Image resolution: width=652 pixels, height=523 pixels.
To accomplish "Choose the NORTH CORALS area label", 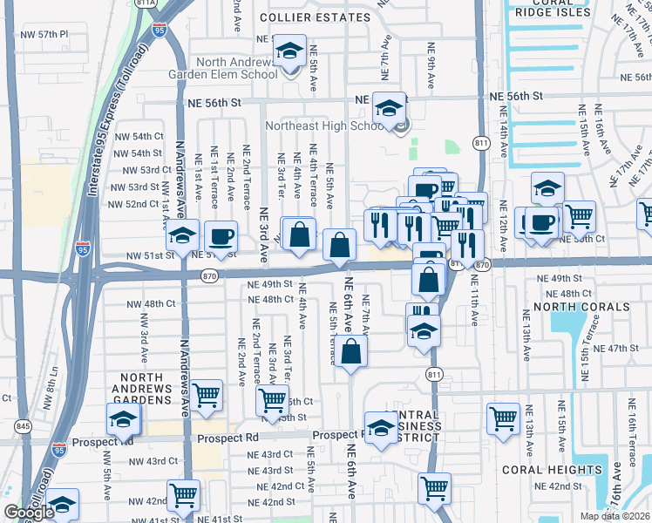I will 581,307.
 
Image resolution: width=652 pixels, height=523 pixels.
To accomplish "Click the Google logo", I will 29,513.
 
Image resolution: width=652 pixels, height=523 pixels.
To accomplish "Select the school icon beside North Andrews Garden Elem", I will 289,52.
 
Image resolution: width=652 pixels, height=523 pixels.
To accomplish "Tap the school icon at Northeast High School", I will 389,107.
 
